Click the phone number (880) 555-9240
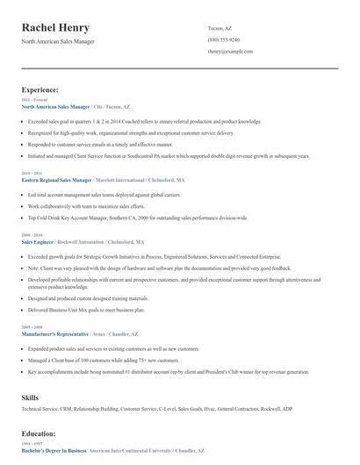[223, 40]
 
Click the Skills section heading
[30, 397]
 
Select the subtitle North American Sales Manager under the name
[58, 41]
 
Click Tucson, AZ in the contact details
[220, 28]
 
